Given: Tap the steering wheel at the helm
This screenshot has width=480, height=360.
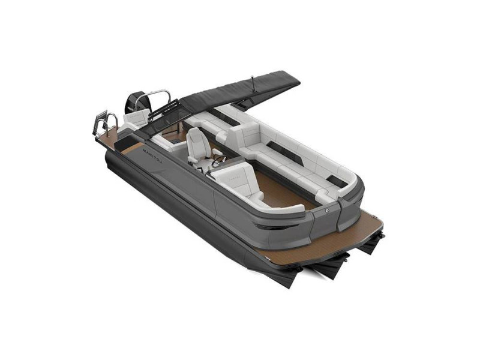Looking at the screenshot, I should pyautogui.click(x=219, y=160).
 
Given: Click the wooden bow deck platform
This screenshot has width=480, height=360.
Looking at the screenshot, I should pyautogui.click(x=360, y=231).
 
